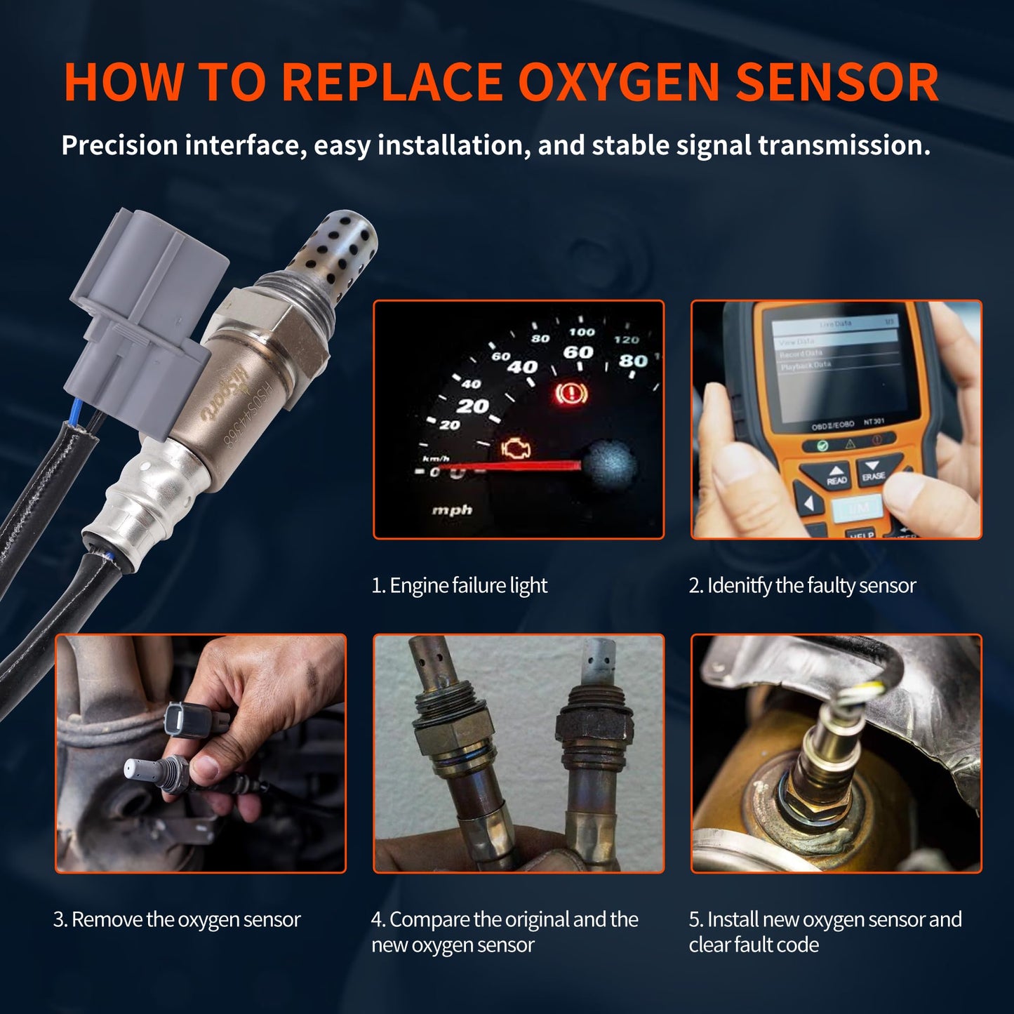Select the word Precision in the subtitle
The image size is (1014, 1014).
119,145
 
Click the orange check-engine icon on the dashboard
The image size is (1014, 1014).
516,449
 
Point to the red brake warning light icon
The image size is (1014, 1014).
570,393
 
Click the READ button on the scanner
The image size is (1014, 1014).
836,476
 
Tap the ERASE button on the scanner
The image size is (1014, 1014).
873,471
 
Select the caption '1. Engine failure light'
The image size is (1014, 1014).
459,585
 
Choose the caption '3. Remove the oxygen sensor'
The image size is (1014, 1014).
177,919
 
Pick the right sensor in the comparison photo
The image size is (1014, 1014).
593,744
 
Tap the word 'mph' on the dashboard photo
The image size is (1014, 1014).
452,510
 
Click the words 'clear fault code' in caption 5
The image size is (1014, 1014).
754,945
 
